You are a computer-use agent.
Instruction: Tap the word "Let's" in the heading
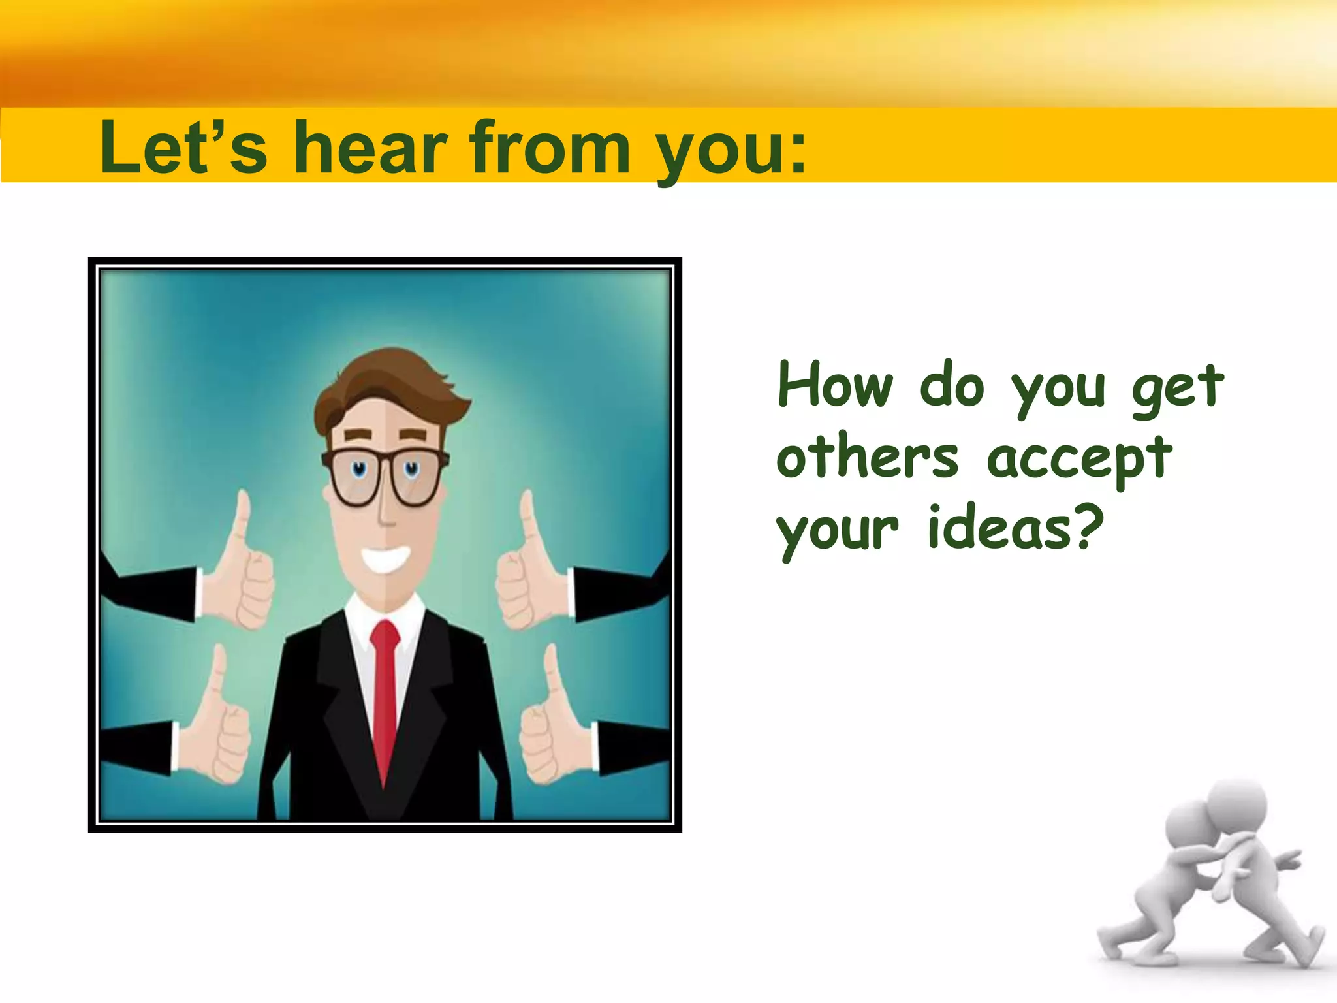[183, 149]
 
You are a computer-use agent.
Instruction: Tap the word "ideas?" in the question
[1016, 529]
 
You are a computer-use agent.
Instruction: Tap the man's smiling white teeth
[386, 559]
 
